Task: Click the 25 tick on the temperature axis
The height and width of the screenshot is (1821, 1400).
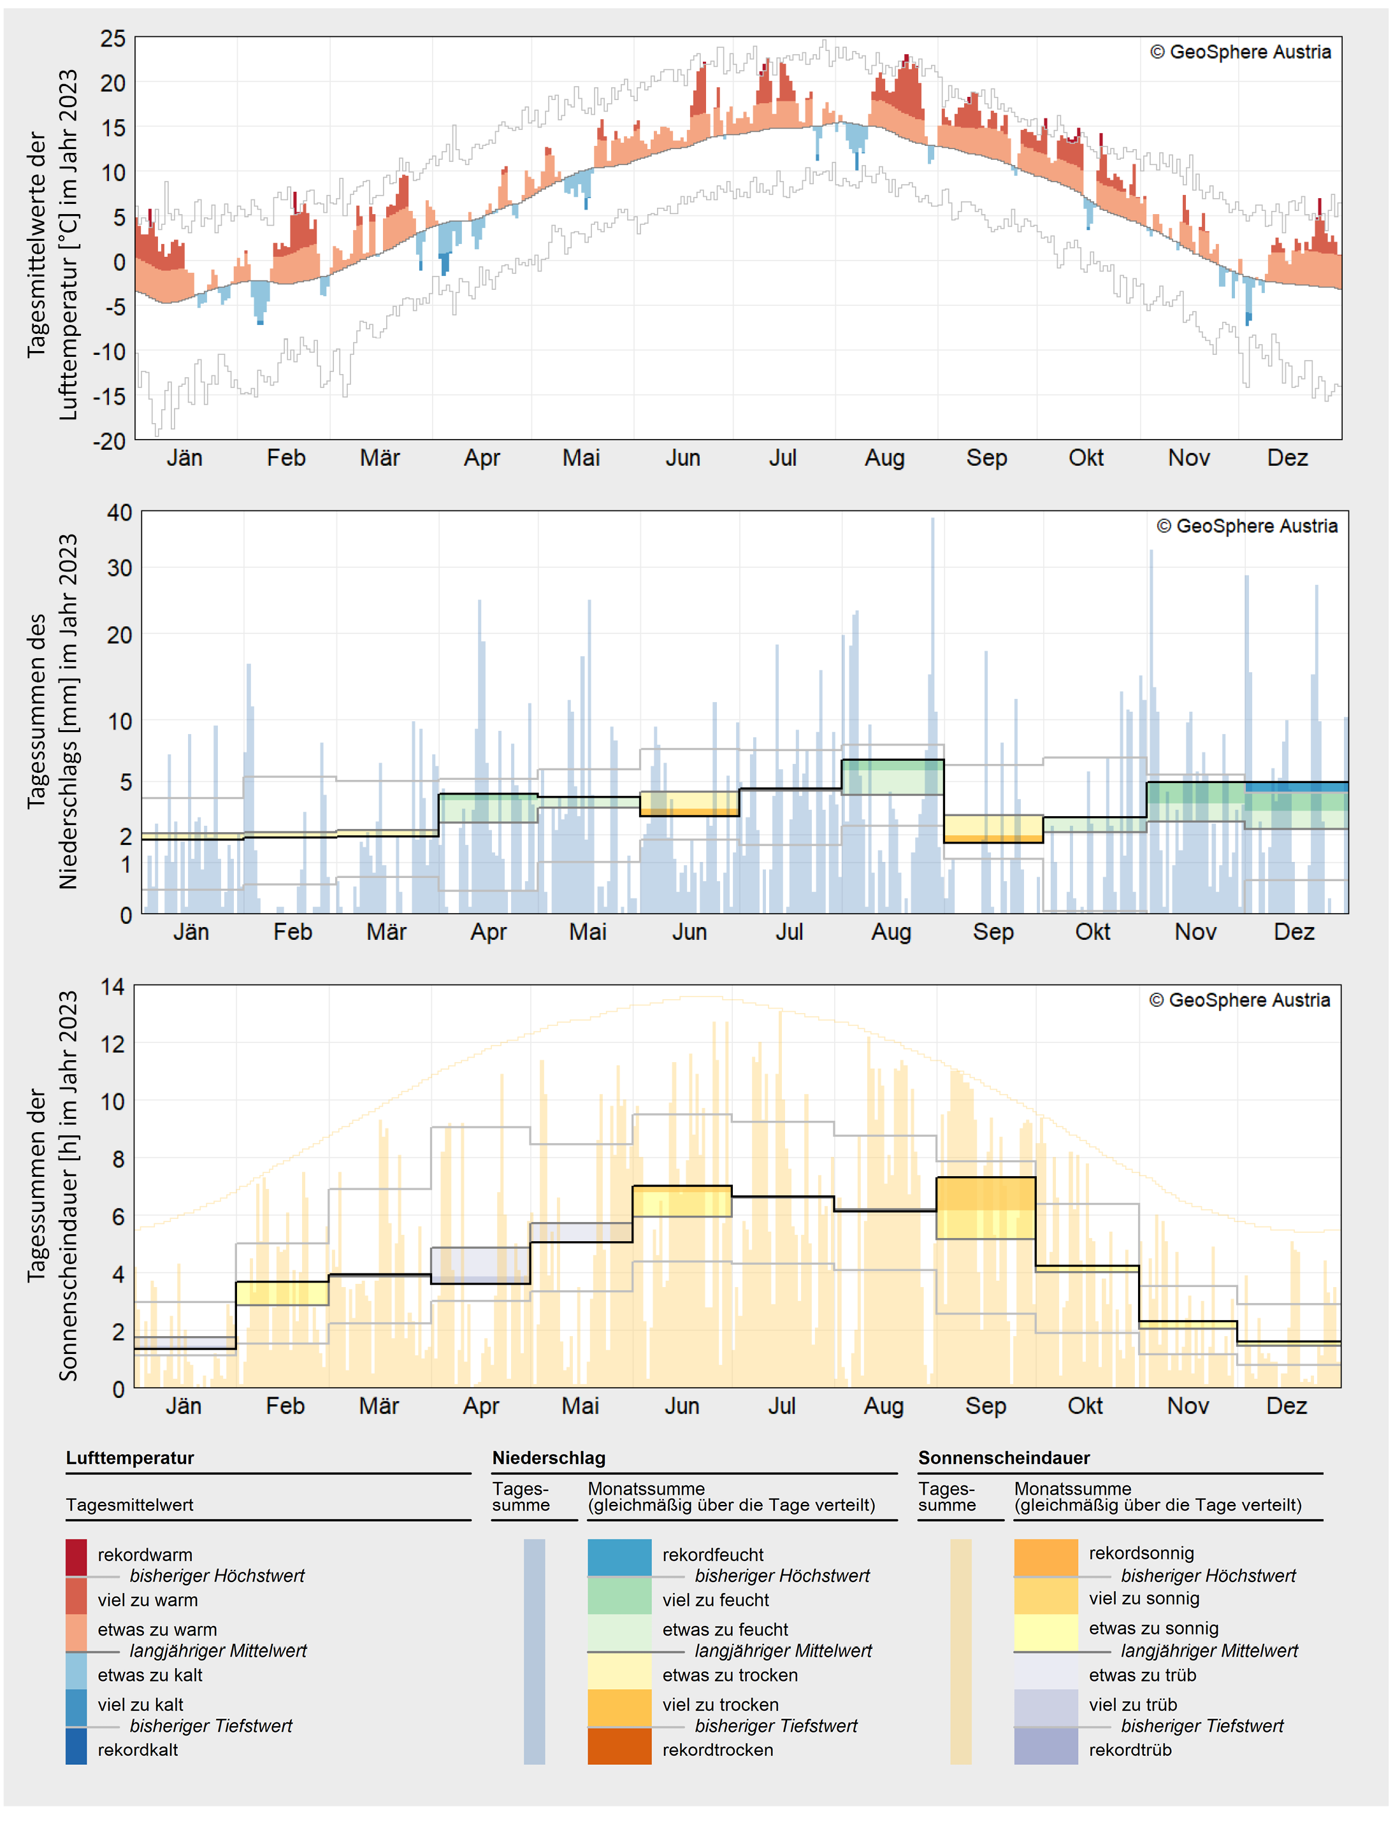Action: point(113,38)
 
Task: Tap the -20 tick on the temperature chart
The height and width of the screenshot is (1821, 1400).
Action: point(108,441)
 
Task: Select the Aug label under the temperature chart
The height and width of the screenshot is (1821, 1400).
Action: point(884,458)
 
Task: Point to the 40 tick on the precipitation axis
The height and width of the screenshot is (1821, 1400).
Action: point(119,512)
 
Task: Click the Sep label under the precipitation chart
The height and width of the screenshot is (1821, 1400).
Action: point(993,932)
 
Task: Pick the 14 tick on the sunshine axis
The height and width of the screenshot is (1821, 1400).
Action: point(113,987)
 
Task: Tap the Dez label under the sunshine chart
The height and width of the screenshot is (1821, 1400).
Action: point(1286,1406)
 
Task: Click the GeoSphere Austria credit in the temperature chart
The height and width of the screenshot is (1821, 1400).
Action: point(1240,52)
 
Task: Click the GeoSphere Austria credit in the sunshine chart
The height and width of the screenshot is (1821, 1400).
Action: point(1239,1000)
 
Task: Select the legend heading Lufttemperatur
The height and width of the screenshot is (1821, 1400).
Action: point(130,1458)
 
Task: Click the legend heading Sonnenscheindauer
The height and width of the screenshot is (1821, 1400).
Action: point(1004,1458)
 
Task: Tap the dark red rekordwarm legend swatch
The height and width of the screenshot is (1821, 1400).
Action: point(76,1557)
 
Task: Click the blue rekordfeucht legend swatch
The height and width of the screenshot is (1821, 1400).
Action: point(619,1557)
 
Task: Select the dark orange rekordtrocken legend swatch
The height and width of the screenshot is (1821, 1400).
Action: point(619,1746)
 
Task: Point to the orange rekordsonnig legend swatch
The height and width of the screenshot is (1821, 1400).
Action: point(1046,1557)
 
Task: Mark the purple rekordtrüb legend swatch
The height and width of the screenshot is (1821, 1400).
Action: point(1046,1746)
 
